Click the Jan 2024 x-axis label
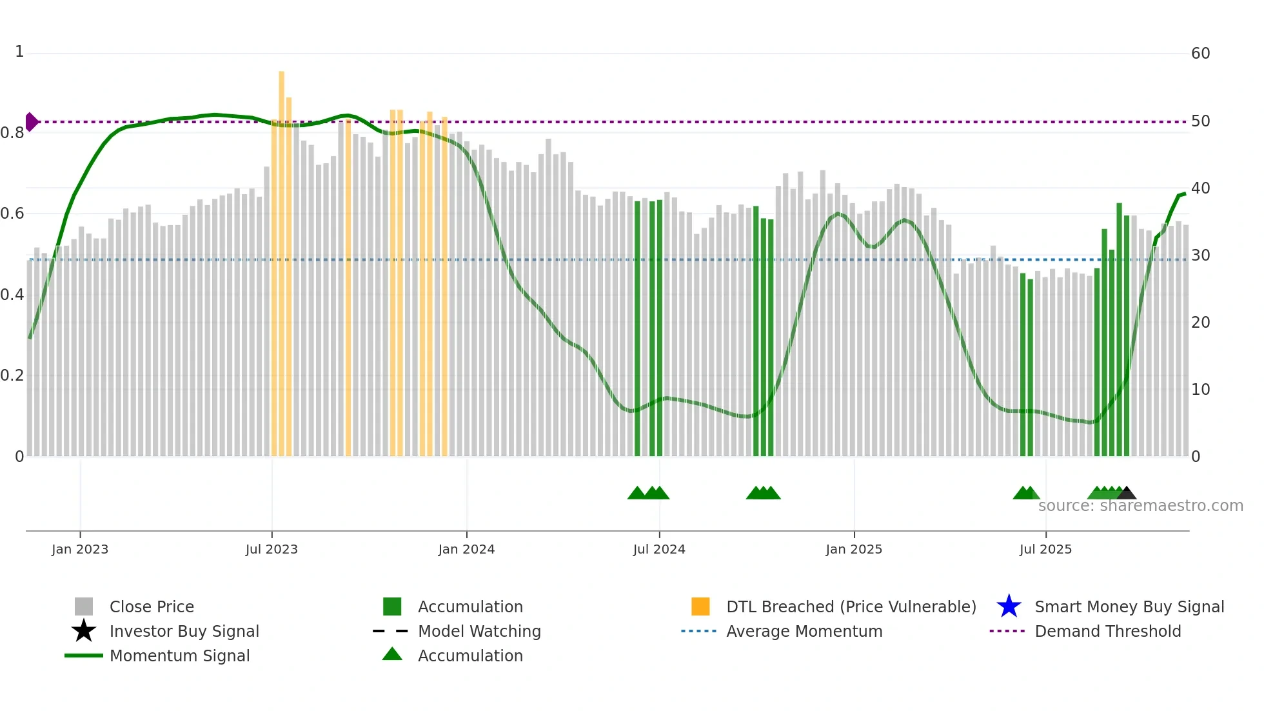[x=466, y=550]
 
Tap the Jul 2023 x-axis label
[x=272, y=550]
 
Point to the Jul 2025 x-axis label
[x=1045, y=550]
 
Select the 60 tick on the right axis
[x=1200, y=54]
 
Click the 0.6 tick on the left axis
[x=12, y=214]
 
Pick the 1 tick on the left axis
[x=19, y=52]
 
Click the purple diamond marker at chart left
[x=31, y=122]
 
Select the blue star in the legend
[x=1009, y=606]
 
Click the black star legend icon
[x=84, y=631]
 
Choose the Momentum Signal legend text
[x=179, y=656]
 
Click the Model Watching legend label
[x=479, y=631]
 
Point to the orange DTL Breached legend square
[x=700, y=606]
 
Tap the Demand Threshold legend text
[x=1107, y=631]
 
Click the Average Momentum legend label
[x=804, y=631]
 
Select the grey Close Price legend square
[x=84, y=606]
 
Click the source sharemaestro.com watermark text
[x=1140, y=506]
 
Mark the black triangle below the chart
[x=1126, y=494]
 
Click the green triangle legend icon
[x=392, y=655]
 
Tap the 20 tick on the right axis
[x=1200, y=323]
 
